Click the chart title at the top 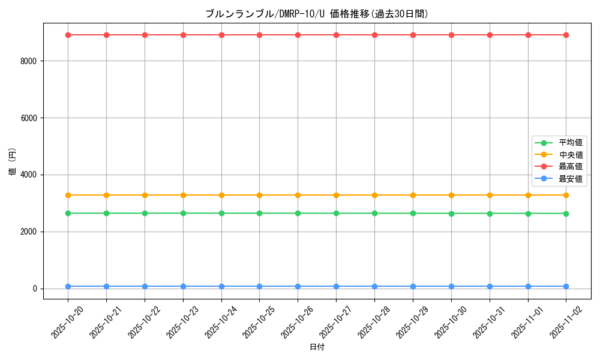[x=317, y=14]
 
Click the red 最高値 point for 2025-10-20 [x=68, y=35]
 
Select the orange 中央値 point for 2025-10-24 [x=221, y=195]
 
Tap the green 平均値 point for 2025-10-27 [x=336, y=213]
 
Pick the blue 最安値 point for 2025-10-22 [x=145, y=286]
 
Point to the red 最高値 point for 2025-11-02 [x=566, y=35]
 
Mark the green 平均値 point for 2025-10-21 [x=106, y=213]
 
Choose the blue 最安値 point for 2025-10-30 [x=451, y=286]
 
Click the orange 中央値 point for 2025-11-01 [x=528, y=195]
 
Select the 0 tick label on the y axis [x=35, y=289]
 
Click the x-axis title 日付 [x=317, y=347]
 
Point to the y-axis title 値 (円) [x=13, y=162]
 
